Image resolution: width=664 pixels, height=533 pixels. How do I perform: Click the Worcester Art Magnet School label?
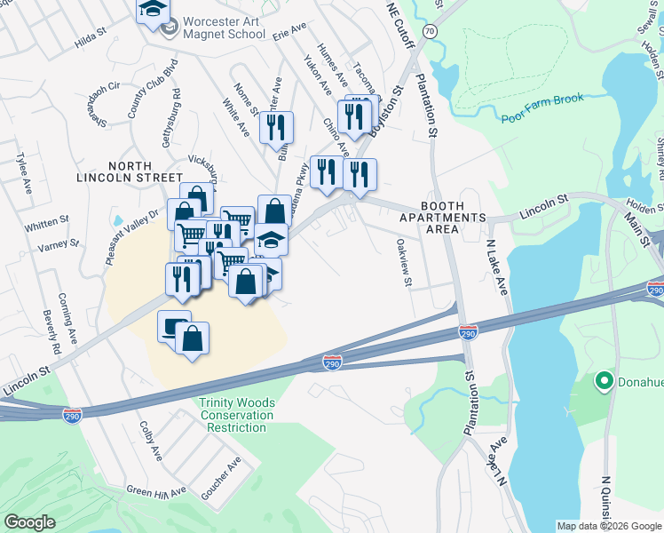(x=224, y=28)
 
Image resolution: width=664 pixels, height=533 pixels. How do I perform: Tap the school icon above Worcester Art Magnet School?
(x=153, y=10)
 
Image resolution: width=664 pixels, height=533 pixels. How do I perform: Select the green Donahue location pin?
(x=605, y=382)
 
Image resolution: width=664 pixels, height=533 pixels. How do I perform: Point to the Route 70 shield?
(x=430, y=30)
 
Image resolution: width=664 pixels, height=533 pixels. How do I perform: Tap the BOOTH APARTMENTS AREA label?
(x=442, y=217)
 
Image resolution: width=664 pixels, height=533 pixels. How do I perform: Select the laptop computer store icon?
(x=174, y=326)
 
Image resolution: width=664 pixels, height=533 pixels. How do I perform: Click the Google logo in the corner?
(x=30, y=521)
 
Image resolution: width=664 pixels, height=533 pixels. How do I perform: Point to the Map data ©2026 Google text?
(x=609, y=526)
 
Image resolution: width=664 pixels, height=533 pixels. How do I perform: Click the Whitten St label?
(x=47, y=221)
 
